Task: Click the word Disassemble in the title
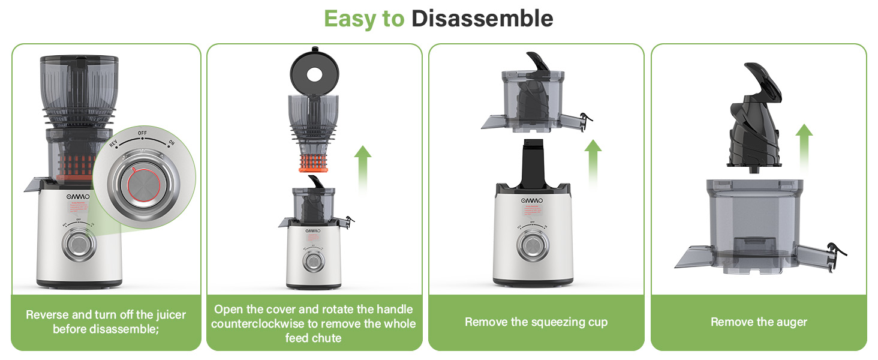pos(482,18)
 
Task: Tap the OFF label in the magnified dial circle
pos(143,133)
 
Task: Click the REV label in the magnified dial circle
pos(113,144)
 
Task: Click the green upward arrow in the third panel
pos(593,162)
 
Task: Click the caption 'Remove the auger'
pos(759,322)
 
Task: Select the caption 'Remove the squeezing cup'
pos(536,322)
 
